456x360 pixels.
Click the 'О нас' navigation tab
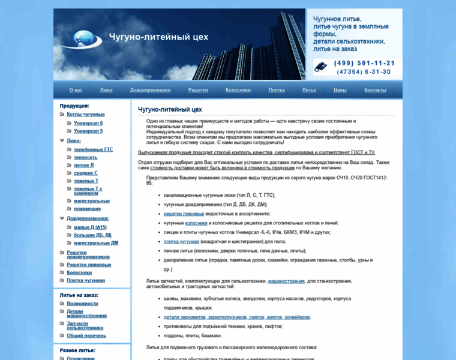click(x=76, y=90)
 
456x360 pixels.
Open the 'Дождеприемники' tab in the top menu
click(x=150, y=90)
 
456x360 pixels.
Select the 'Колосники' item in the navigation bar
click(x=238, y=90)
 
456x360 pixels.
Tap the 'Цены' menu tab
click(x=340, y=90)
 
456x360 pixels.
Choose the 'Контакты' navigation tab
click(x=375, y=90)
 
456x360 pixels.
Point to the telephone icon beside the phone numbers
click(x=320, y=67)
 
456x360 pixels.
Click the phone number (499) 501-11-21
click(x=364, y=63)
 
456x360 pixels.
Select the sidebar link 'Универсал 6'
click(x=88, y=123)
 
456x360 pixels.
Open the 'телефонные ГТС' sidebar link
click(x=93, y=149)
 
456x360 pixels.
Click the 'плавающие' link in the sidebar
click(x=87, y=209)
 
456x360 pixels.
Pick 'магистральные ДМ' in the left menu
click(x=96, y=243)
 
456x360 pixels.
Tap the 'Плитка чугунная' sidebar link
click(x=85, y=280)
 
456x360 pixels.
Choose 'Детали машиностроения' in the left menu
click(x=86, y=313)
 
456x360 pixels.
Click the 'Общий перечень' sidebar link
click(x=86, y=335)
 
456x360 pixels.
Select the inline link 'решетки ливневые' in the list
click(x=184, y=214)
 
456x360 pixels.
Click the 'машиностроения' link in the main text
click(x=286, y=281)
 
